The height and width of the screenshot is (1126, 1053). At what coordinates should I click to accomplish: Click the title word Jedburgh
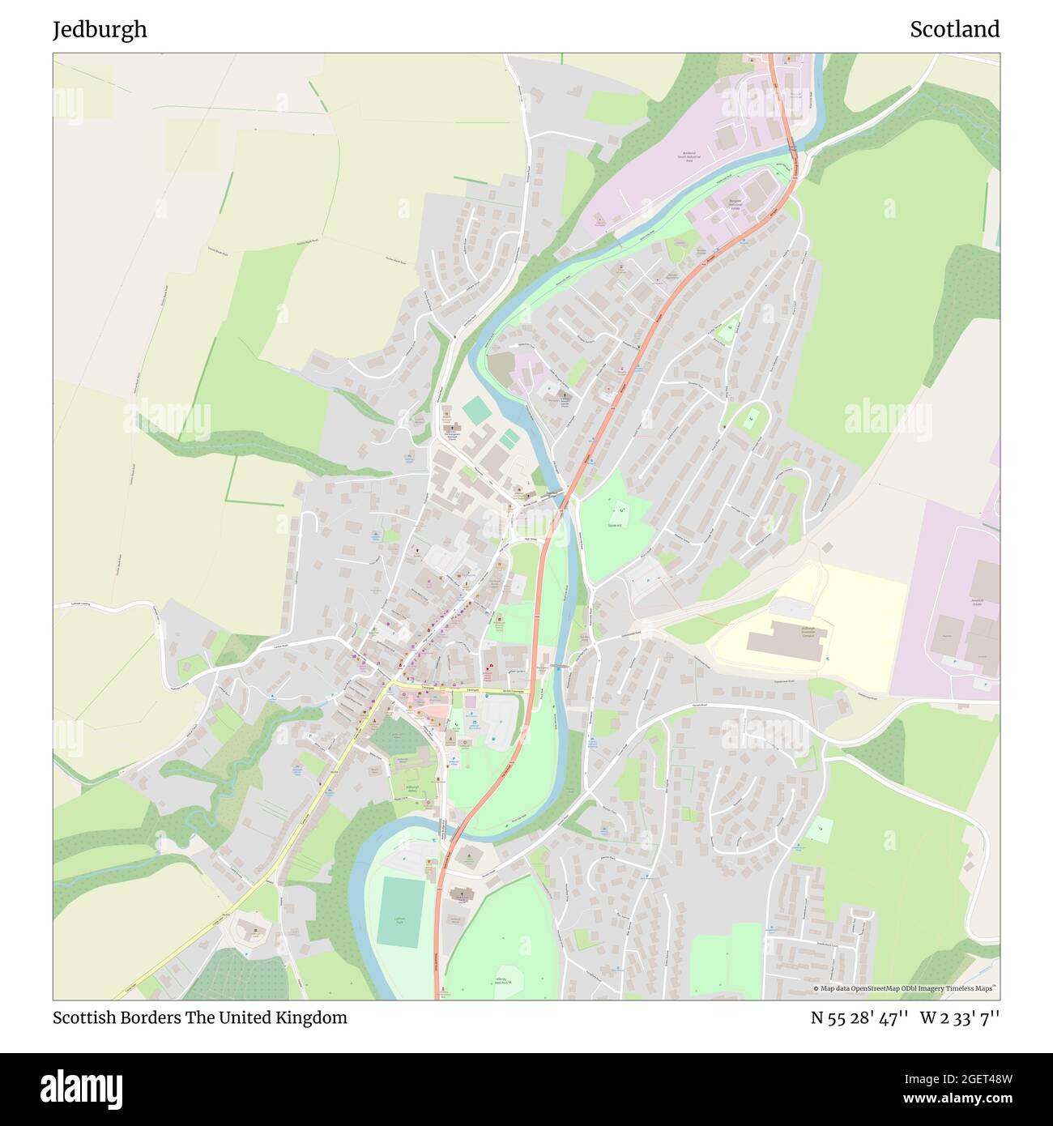point(100,30)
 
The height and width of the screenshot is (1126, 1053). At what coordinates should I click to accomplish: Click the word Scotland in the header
point(954,30)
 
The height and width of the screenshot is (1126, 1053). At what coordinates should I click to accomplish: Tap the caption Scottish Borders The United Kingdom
point(199,1017)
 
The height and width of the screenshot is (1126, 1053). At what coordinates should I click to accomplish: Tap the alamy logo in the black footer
point(82,1088)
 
